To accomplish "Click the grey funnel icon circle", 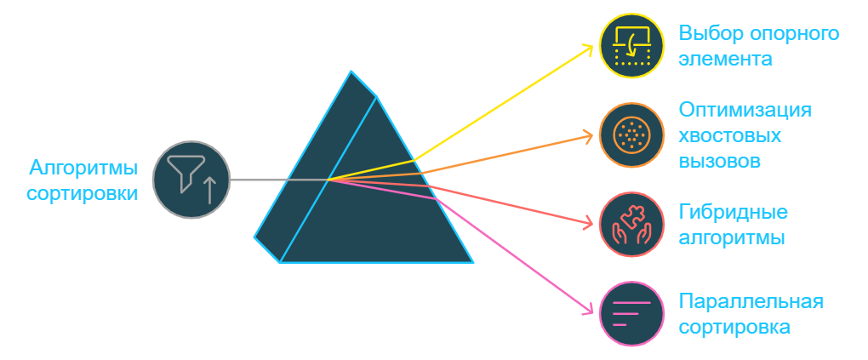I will pyautogui.click(x=191, y=180).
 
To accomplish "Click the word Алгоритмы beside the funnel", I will pyautogui.click(x=83, y=167).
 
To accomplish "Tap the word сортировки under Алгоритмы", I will pyautogui.click(x=82, y=193).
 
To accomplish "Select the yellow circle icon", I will pyautogui.click(x=631, y=46).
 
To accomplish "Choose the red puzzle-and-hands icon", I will pyautogui.click(x=631, y=225).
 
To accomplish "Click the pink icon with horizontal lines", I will pyautogui.click(x=631, y=314).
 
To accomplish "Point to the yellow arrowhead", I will pyautogui.click(x=588, y=48).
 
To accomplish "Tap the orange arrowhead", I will pyautogui.click(x=588, y=134).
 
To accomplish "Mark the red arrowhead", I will pyautogui.click(x=588, y=224).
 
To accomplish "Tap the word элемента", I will pyautogui.click(x=726, y=60).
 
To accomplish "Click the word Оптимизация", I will pyautogui.click(x=745, y=111).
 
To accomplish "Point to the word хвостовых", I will pyautogui.click(x=730, y=136).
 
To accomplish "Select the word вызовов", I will pyautogui.click(x=719, y=161).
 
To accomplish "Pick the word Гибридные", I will pyautogui.click(x=733, y=212).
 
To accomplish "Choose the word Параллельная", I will pyautogui.click(x=751, y=301).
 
